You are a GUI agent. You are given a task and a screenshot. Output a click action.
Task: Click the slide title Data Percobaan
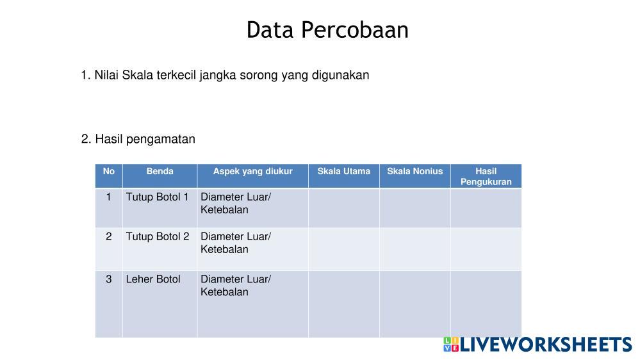coord(327,30)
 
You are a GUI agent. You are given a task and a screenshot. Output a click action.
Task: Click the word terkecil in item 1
coord(176,75)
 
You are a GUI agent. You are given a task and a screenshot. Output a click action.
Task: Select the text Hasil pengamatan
coord(145,139)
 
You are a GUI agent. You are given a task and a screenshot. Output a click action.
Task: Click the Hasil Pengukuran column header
coord(486,176)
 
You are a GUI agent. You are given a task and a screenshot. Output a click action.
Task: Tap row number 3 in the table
coord(108,279)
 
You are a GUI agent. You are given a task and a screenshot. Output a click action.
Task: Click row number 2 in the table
coord(108,237)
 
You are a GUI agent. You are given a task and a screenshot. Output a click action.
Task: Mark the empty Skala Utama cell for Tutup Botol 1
coord(343,208)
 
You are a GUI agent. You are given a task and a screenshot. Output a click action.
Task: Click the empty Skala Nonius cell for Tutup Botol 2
coord(414,249)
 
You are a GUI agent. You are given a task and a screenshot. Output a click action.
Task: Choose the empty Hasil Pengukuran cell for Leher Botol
coord(486,304)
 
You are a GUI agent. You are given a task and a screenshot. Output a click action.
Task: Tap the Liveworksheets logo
coord(537,345)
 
